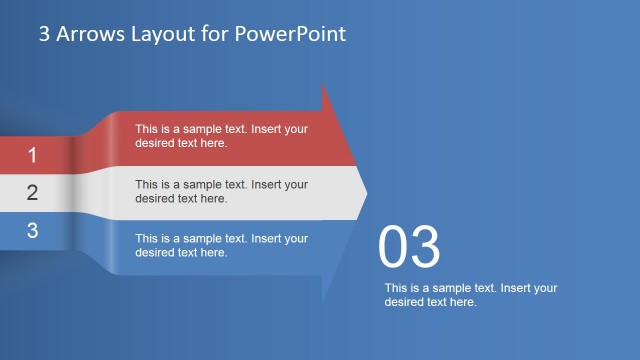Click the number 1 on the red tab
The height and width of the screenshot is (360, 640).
click(32, 155)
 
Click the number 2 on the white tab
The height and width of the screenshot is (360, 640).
click(32, 193)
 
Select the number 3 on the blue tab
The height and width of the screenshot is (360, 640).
click(32, 230)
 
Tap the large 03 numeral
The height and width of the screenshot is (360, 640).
click(409, 249)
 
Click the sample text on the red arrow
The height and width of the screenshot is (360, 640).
click(221, 135)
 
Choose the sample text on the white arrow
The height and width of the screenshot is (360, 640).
click(221, 191)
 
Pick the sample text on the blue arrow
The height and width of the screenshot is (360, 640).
click(221, 245)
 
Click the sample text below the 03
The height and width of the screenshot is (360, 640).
click(470, 295)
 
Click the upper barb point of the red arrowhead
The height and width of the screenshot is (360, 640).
click(323, 83)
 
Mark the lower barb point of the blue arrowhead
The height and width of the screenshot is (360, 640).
click(323, 304)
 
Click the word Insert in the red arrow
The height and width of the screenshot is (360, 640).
click(267, 129)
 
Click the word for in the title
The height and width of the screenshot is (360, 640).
click(211, 34)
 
